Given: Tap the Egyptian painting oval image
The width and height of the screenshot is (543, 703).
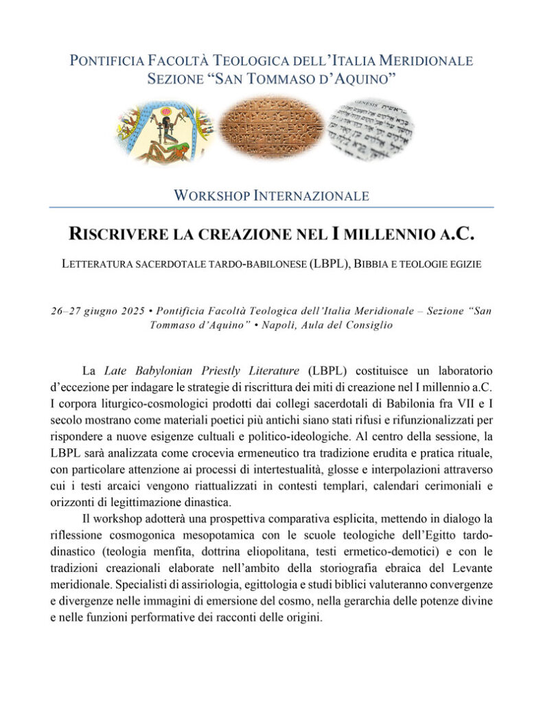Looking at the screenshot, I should click(x=165, y=130).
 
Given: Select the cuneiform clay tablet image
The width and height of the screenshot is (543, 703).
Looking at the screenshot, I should click(x=271, y=128).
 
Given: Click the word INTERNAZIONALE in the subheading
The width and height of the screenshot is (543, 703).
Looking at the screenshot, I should click(x=312, y=196).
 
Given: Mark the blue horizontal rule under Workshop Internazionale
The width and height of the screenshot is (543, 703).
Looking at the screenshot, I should click(x=271, y=207).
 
